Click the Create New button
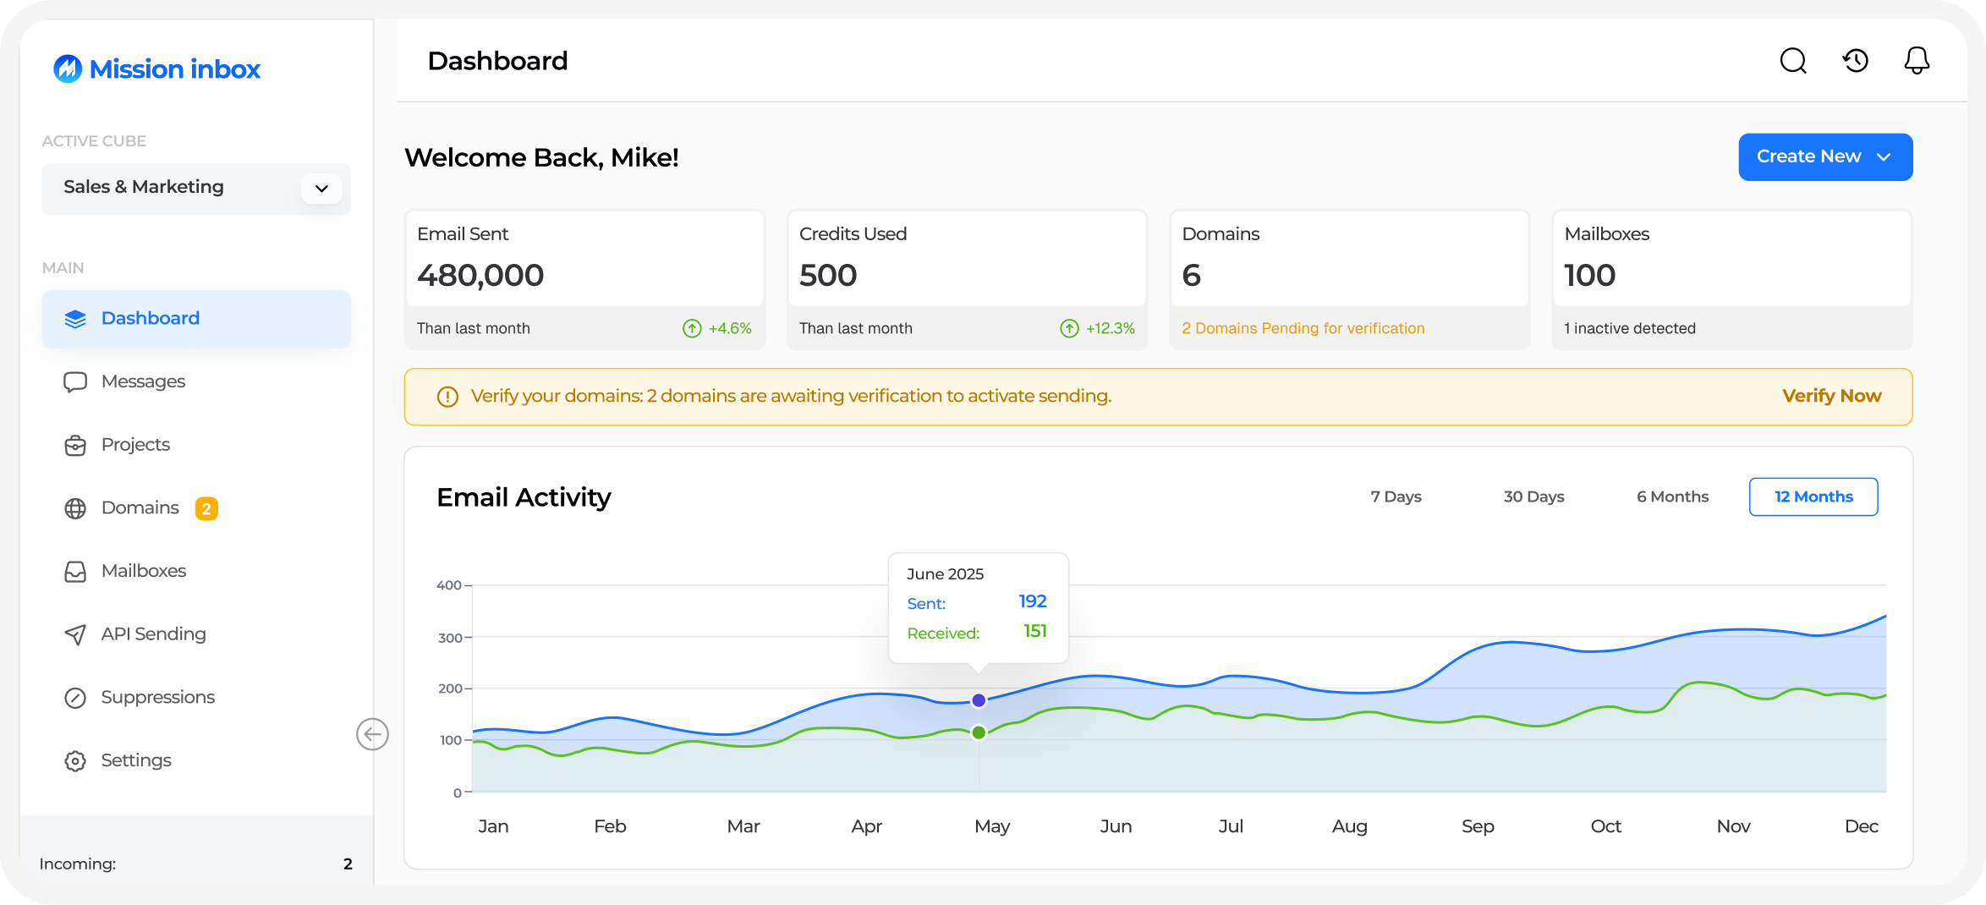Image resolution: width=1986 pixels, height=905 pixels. pyautogui.click(x=1824, y=156)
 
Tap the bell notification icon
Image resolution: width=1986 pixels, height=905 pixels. pyautogui.click(x=1917, y=61)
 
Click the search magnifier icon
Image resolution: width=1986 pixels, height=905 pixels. pyautogui.click(x=1792, y=61)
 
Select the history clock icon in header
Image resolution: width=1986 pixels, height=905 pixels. pyautogui.click(x=1855, y=61)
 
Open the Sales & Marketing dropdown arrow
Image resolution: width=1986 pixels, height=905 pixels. pyautogui.click(x=321, y=188)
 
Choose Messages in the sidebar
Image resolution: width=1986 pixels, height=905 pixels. pyautogui.click(x=143, y=381)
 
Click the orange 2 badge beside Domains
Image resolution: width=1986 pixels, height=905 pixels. pyautogui.click(x=206, y=508)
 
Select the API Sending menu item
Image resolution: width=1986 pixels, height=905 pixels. pyautogui.click(x=153, y=634)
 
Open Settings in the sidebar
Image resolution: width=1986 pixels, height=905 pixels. pyautogui.click(x=135, y=760)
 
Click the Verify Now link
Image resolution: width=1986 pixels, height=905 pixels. pyautogui.click(x=1831, y=396)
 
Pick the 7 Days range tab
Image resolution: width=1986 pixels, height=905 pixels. pyautogui.click(x=1396, y=496)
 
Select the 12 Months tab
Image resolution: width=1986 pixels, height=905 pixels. pyautogui.click(x=1813, y=496)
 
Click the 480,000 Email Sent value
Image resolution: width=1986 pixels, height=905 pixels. pyautogui.click(x=480, y=276)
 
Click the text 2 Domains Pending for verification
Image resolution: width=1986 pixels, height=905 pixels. pyautogui.click(x=1303, y=328)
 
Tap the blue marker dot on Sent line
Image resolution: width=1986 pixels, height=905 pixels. pyautogui.click(x=979, y=700)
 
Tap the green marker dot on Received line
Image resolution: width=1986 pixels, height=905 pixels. pyautogui.click(x=979, y=732)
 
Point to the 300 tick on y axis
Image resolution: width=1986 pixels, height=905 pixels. pyautogui.click(x=449, y=638)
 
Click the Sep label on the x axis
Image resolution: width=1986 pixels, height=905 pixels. pyautogui.click(x=1478, y=826)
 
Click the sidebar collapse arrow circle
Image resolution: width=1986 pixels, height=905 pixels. pyautogui.click(x=372, y=734)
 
